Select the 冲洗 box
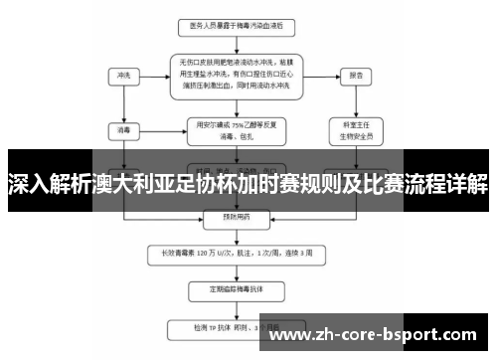coord(124,75)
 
